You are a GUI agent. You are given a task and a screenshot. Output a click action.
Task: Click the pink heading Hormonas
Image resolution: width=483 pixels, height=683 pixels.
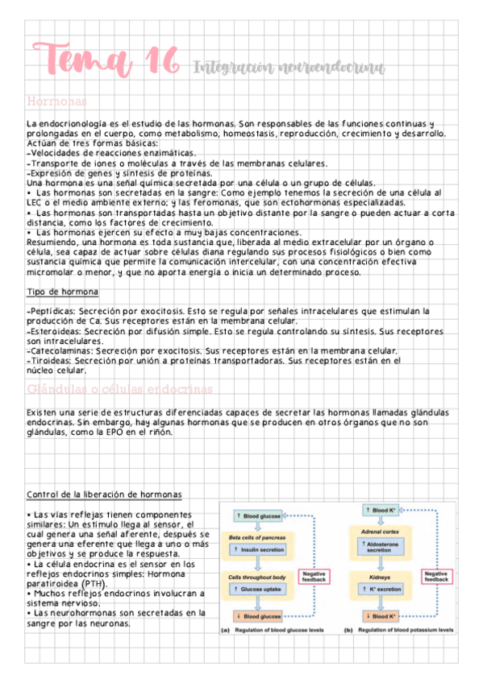point(56,101)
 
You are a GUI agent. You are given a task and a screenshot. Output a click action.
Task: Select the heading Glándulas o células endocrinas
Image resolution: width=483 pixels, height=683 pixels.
point(120,389)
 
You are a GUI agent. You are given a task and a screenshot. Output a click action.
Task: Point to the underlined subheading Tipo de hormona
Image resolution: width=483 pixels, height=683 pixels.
point(62,291)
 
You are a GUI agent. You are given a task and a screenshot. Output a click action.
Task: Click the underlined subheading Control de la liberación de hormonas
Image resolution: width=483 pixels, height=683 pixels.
point(104,494)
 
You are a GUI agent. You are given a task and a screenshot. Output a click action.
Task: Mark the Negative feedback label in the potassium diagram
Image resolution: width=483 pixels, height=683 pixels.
point(436,575)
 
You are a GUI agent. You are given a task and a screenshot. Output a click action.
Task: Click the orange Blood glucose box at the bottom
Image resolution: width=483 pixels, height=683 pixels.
point(259,616)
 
